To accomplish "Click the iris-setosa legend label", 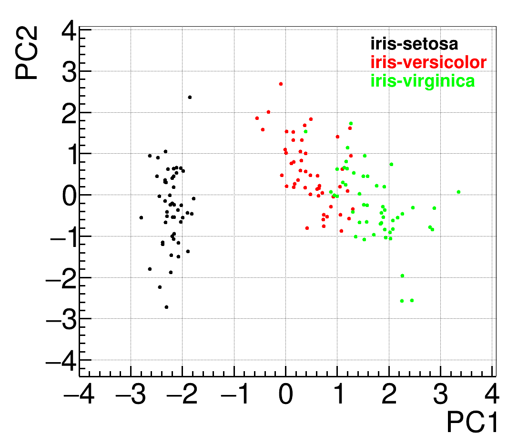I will click(414, 44).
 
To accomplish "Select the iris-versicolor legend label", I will click(428, 63).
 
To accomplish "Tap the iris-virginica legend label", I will click(422, 81).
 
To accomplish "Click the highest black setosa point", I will click(190, 97).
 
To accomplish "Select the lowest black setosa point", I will click(166, 307).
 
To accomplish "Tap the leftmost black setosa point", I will click(141, 217).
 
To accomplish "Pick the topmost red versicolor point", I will click(281, 84).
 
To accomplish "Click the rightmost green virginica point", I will click(458, 192).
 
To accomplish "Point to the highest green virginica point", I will click(351, 123).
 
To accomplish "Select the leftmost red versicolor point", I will click(257, 118).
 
